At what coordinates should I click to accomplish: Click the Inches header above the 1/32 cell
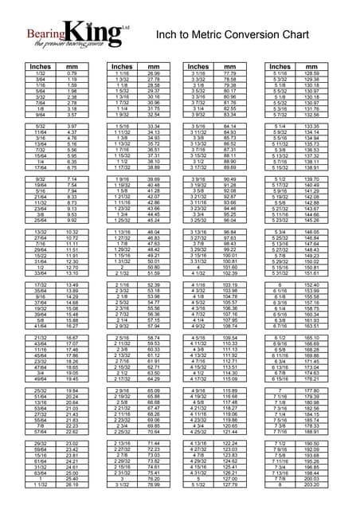(40, 67)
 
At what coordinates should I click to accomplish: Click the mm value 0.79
(72, 74)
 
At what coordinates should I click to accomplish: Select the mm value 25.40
(72, 478)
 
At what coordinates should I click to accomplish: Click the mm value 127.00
(232, 478)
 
